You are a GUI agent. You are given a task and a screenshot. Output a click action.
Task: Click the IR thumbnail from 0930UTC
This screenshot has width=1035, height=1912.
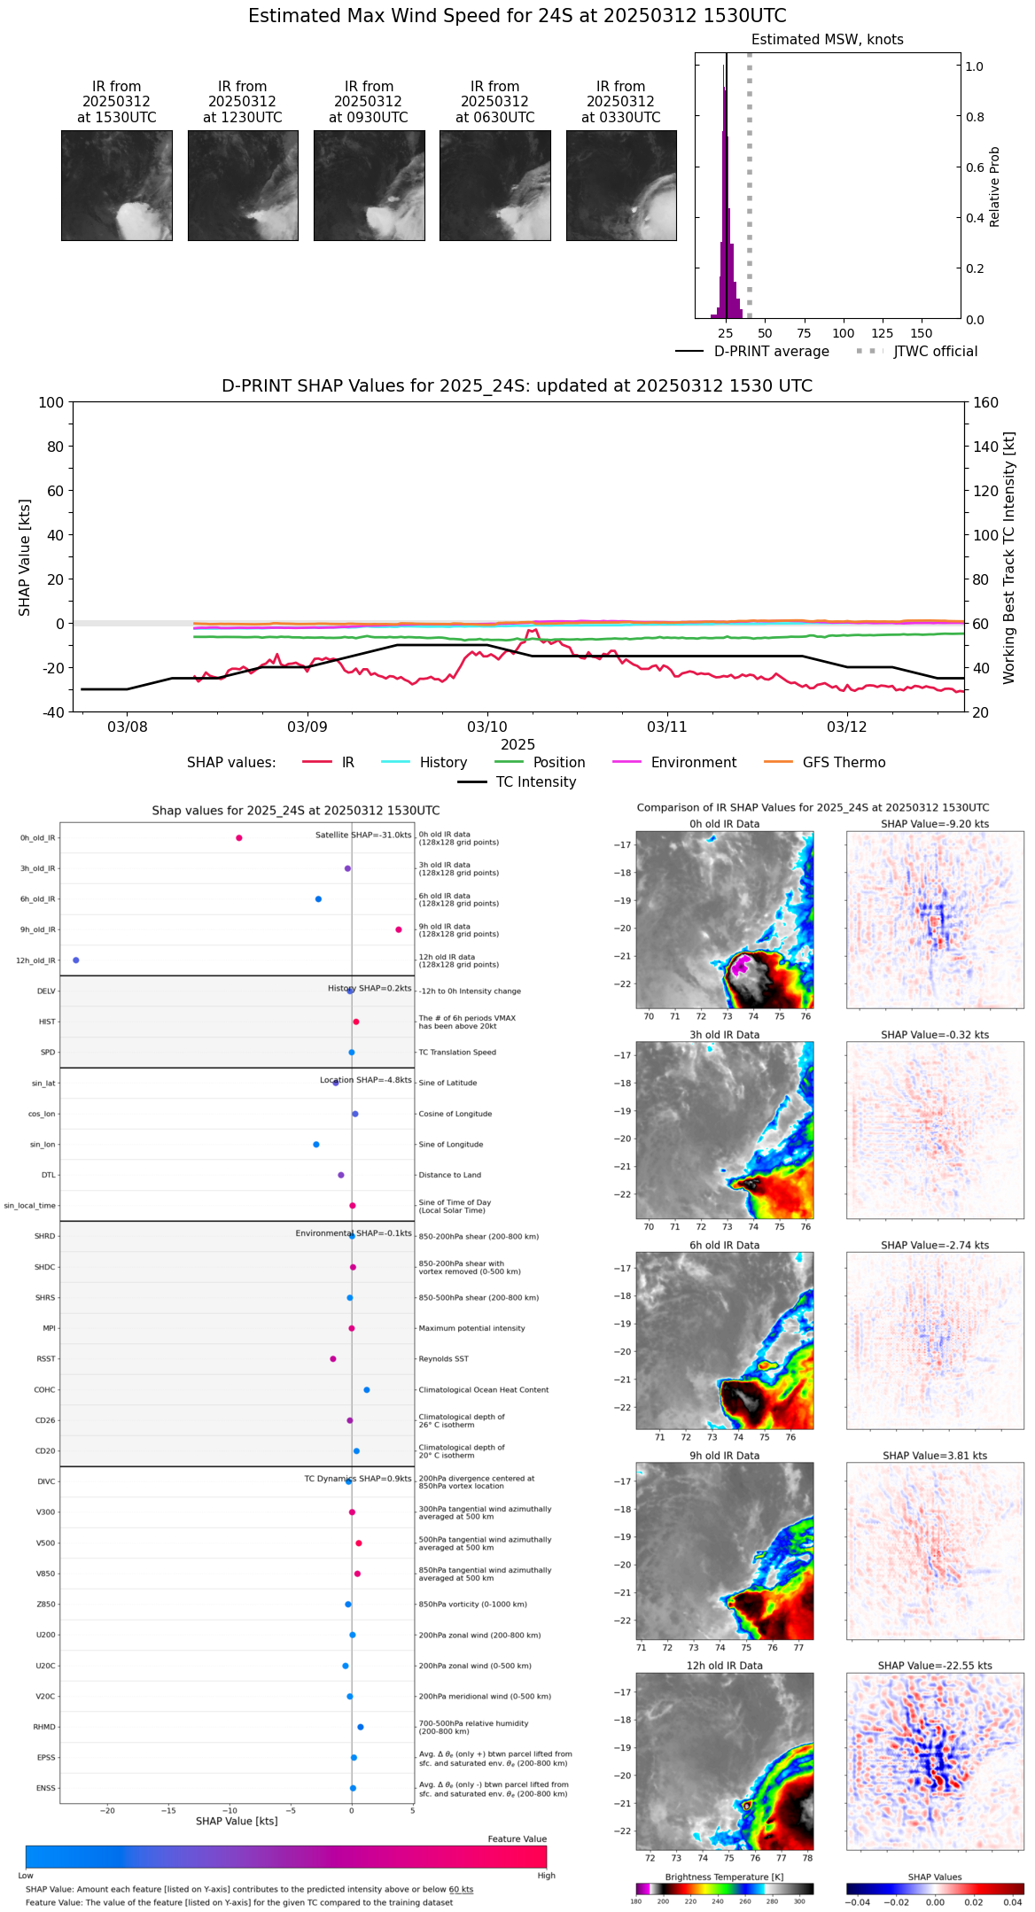click(x=369, y=185)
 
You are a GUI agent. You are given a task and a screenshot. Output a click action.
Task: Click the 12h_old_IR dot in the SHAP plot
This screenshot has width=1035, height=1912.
click(x=76, y=960)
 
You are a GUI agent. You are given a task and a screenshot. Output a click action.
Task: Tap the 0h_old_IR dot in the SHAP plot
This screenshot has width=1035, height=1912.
click(x=239, y=838)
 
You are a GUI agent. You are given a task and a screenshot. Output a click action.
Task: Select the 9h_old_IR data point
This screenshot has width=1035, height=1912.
click(x=399, y=929)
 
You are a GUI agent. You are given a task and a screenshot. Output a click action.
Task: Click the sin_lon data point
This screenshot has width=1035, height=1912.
click(x=316, y=1145)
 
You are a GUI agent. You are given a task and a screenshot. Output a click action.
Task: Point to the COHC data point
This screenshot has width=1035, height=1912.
click(x=367, y=1390)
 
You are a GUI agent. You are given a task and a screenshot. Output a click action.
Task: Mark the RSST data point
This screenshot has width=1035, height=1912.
click(x=333, y=1359)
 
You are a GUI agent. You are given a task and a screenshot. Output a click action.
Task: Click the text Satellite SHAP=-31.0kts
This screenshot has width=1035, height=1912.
click(x=363, y=836)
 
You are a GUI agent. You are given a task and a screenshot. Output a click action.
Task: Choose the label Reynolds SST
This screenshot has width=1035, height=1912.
click(x=443, y=1359)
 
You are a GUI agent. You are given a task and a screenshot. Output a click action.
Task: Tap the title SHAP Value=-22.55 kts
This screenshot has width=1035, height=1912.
click(x=935, y=1666)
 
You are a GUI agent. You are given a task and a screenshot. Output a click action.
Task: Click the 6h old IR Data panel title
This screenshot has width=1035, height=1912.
click(x=724, y=1245)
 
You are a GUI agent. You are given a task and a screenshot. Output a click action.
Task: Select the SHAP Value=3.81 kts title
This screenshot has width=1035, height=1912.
click(x=935, y=1456)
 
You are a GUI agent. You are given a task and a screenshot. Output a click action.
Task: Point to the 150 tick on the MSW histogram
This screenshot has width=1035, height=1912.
click(x=922, y=333)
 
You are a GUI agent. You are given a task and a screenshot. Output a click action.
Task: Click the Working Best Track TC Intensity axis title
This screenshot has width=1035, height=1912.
click(x=1009, y=558)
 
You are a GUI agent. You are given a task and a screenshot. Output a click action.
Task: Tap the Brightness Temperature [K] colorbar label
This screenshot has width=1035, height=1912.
click(x=724, y=1877)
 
